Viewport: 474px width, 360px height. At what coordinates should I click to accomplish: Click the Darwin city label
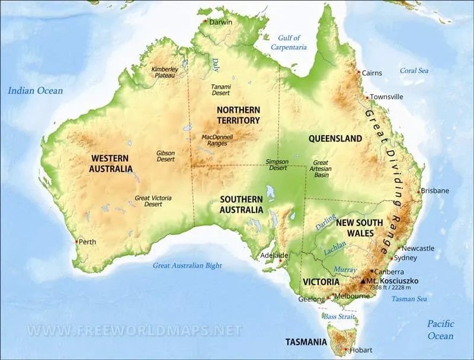click(x=221, y=22)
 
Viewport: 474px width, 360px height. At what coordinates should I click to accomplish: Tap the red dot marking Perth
click(x=76, y=241)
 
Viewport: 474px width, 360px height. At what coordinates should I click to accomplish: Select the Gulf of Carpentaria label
click(x=289, y=42)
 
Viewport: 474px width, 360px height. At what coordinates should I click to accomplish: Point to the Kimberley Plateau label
click(x=164, y=72)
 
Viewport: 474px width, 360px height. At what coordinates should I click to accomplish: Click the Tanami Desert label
click(x=221, y=90)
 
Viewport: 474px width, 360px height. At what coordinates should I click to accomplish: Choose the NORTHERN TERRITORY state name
click(x=238, y=115)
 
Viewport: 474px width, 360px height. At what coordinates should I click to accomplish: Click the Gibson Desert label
click(x=165, y=156)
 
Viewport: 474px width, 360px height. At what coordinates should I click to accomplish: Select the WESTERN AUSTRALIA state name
click(x=111, y=164)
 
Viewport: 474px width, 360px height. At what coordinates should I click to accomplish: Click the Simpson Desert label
click(x=276, y=164)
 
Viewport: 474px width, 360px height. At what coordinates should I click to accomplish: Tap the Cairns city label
click(x=371, y=73)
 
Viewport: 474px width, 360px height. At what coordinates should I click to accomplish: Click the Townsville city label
click(x=386, y=97)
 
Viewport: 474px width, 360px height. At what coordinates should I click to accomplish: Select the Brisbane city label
click(x=436, y=190)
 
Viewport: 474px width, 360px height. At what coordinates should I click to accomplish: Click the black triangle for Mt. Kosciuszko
click(x=363, y=280)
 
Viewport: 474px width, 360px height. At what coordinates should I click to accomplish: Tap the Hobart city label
click(x=361, y=350)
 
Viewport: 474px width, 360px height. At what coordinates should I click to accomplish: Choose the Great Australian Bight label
click(x=187, y=266)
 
